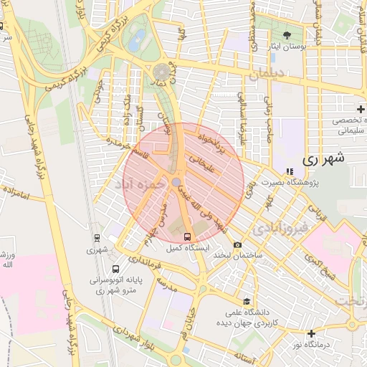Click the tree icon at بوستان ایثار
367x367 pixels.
[x=287, y=35]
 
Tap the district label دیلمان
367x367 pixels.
[x=269, y=73]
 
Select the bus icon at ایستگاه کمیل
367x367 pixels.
[x=187, y=237]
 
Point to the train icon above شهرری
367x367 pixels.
[x=97, y=238]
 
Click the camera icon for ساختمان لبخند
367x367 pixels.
[x=237, y=245]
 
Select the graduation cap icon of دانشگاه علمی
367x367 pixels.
[x=247, y=301]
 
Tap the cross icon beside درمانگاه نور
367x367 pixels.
[x=310, y=333]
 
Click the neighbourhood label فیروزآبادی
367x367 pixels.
[x=280, y=229]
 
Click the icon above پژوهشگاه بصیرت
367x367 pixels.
[x=290, y=171]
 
